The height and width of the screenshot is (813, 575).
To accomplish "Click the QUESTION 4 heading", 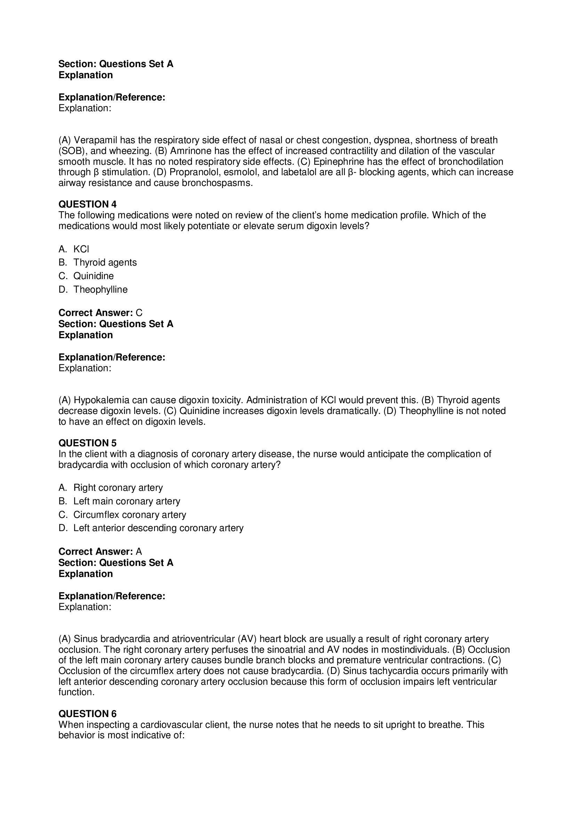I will point(87,204).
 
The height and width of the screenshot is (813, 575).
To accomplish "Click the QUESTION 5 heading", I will point(87,443).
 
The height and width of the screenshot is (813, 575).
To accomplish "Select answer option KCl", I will point(81,249).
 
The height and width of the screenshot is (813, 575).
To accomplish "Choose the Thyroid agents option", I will point(105,262).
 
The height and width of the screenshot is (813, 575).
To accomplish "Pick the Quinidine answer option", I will point(94,276).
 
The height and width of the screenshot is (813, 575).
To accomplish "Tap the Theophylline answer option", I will point(100,289).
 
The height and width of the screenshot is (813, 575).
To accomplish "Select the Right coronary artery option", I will point(118,488).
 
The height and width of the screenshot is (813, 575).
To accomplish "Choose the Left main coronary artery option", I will point(127,501).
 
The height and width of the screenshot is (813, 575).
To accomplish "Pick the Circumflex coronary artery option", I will point(130,514).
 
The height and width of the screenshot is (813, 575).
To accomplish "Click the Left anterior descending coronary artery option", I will point(158,528).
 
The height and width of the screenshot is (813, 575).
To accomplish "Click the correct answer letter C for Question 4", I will point(139,313).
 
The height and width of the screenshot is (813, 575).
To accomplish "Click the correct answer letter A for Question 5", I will point(139,551).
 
